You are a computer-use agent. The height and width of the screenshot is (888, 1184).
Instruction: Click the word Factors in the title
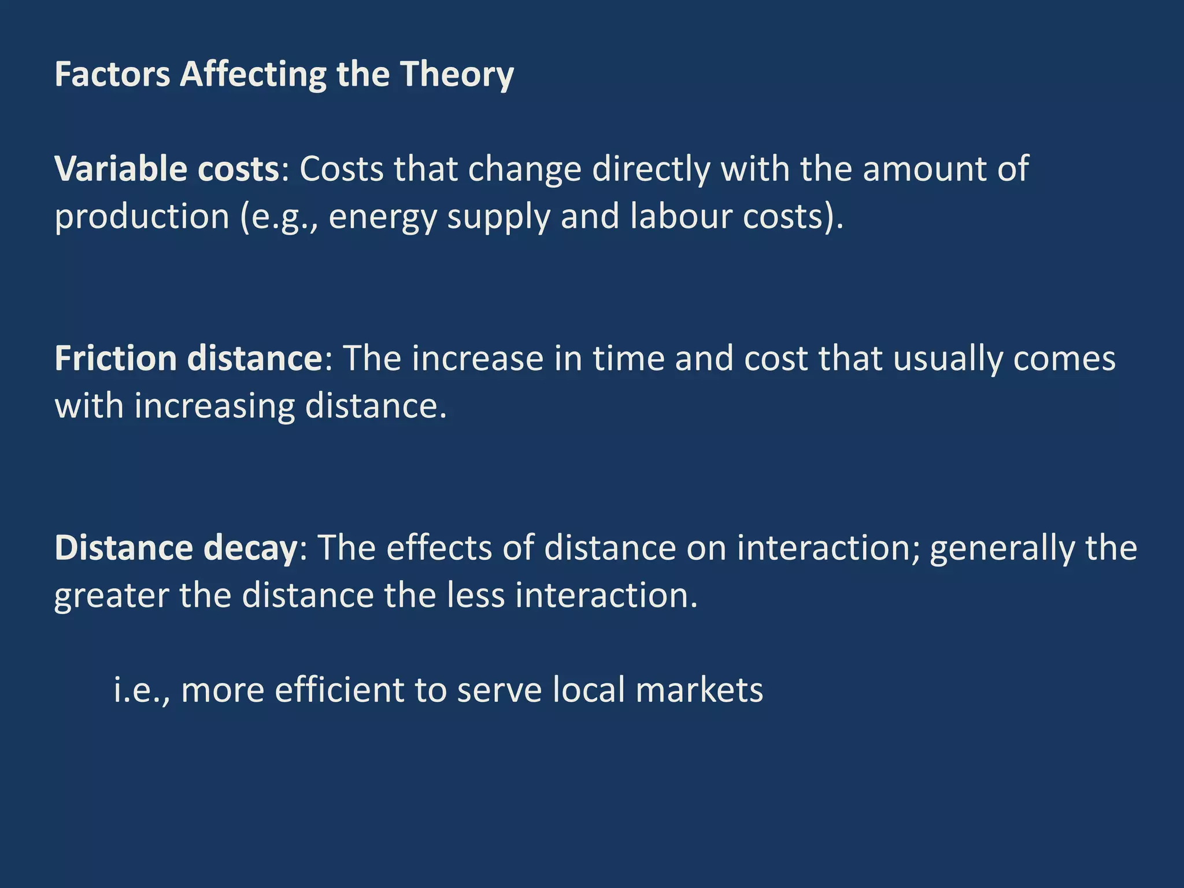(112, 75)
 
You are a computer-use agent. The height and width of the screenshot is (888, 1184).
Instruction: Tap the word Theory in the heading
(457, 76)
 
